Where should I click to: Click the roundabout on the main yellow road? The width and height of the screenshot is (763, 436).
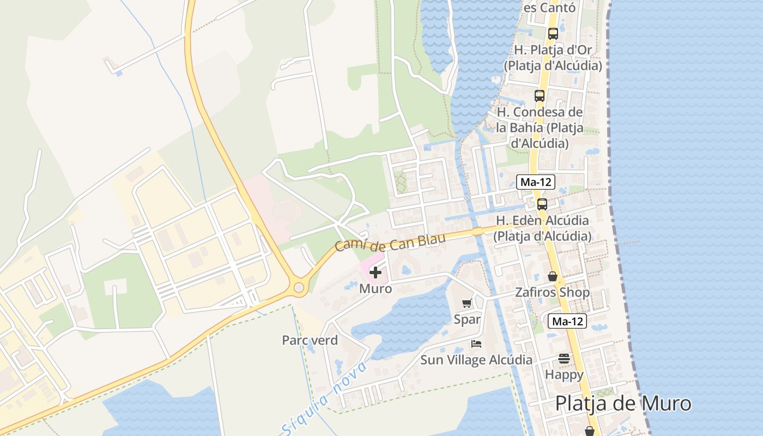298,287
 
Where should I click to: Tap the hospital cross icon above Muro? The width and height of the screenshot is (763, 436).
376,272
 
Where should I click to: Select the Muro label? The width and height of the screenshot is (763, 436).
376,289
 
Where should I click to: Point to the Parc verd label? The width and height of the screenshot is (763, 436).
310,341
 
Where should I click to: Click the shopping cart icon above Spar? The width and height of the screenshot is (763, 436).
467,304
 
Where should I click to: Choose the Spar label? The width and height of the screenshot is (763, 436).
467,319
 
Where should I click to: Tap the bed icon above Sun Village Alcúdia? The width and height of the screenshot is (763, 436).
476,344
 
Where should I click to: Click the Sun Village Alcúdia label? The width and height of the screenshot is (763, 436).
476,360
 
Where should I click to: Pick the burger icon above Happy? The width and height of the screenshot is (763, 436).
564,359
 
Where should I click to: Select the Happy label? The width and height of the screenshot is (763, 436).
564,375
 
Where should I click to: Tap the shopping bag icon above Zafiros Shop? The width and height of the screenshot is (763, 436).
552,276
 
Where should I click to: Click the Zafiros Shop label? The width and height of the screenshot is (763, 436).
552,293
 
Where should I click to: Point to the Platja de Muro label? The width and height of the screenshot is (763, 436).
623,404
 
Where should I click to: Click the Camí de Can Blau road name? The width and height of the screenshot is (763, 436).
390,242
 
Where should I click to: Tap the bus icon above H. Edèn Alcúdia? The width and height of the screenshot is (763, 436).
542,204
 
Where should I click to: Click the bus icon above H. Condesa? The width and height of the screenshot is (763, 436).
539,96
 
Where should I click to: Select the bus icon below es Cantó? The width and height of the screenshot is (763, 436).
553,33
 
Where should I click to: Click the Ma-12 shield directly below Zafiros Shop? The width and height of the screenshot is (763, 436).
567,322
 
